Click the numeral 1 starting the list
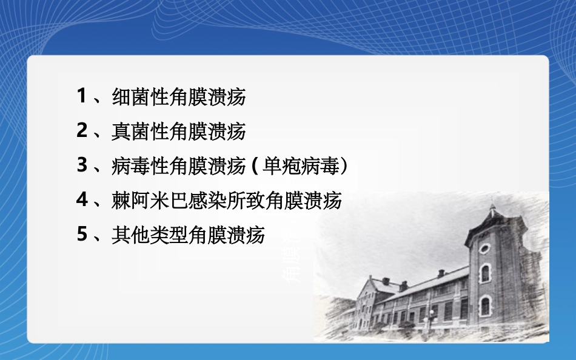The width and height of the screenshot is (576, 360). tap(82, 96)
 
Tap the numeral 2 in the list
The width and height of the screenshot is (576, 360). tap(82, 130)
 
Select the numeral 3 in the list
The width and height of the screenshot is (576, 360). tap(82, 164)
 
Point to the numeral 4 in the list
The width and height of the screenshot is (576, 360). tap(82, 199)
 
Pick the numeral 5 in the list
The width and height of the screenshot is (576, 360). tap(82, 234)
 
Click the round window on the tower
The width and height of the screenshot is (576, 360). tap(484, 248)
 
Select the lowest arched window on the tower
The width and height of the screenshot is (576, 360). tap(486, 306)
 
